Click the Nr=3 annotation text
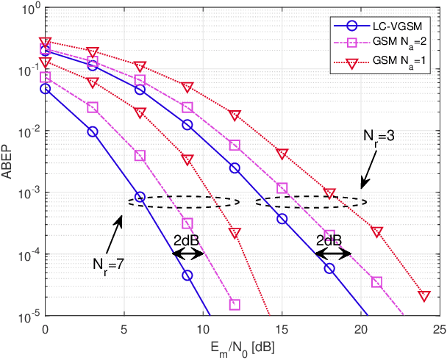(x=379, y=137)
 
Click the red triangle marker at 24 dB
(x=423, y=295)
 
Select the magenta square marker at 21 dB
(x=376, y=282)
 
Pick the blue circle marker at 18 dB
(x=329, y=268)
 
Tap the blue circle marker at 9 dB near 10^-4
(x=187, y=275)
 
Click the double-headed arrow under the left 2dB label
(x=188, y=253)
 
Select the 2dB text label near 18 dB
(x=329, y=240)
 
